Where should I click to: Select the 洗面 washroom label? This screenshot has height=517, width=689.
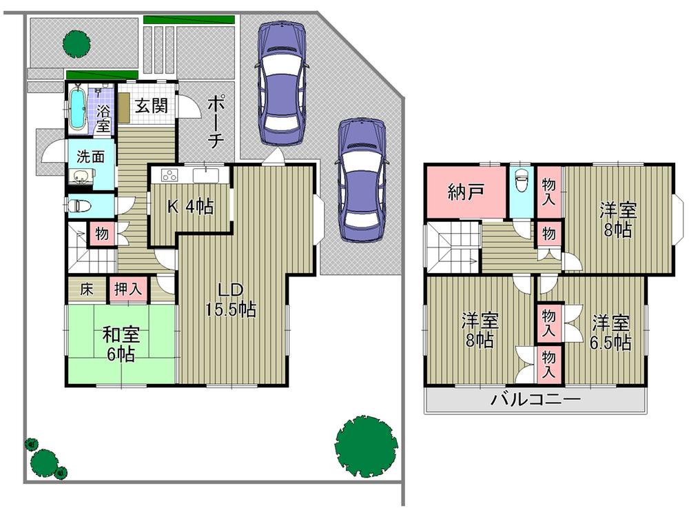click(x=90, y=156)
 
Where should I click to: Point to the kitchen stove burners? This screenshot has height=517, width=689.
click(x=169, y=174)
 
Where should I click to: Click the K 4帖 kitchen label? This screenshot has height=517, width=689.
click(x=190, y=206)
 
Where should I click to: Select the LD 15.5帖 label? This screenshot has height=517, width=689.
click(x=230, y=300)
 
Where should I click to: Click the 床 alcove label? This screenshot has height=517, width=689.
click(x=87, y=290)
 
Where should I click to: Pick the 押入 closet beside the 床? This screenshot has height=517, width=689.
click(x=128, y=290)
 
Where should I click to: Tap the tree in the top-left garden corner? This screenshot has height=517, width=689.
click(x=76, y=43)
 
